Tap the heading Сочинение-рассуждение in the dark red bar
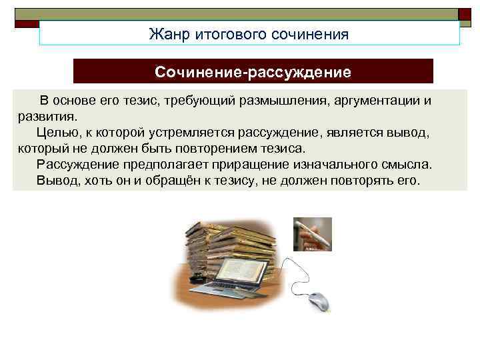coord(253,71)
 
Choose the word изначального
coord(340,164)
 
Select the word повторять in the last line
coord(361,180)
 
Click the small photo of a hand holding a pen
coord(312,234)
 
